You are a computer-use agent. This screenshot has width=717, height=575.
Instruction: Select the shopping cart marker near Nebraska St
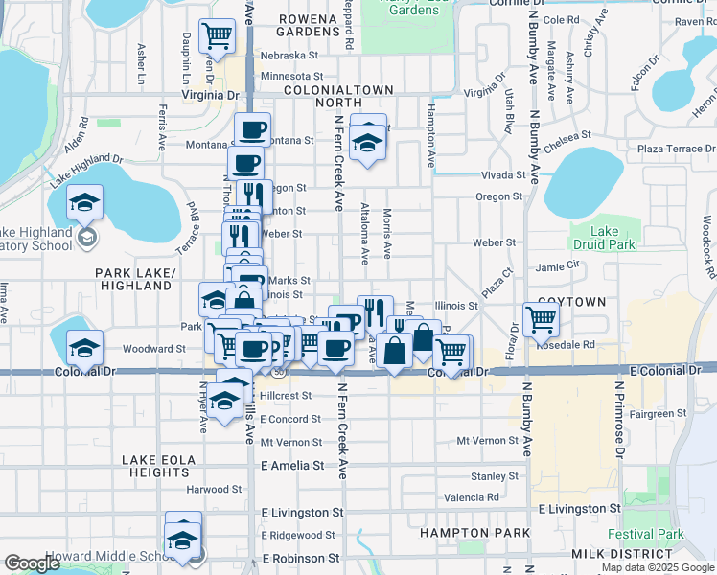click(x=218, y=37)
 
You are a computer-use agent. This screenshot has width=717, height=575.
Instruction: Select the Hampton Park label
click(x=461, y=532)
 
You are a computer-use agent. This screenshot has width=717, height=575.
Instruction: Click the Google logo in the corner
click(x=32, y=563)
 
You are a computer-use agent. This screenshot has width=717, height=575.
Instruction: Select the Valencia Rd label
click(x=472, y=497)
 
